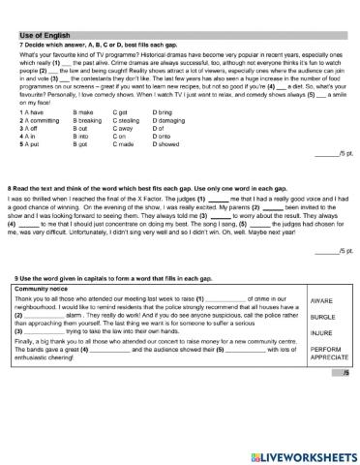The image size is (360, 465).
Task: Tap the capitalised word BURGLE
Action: point(321,316)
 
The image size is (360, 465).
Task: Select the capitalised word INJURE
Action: point(320,332)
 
